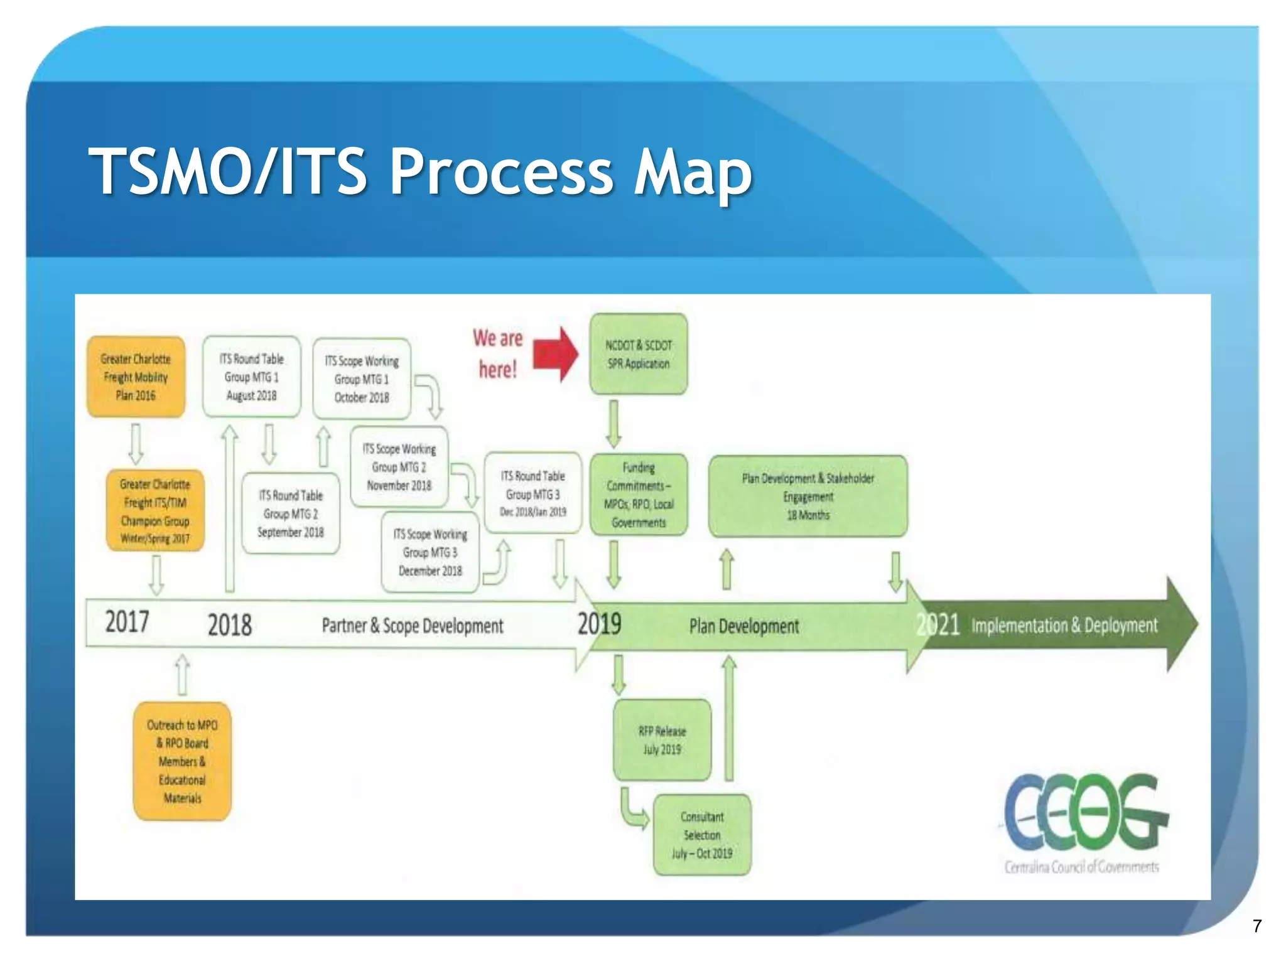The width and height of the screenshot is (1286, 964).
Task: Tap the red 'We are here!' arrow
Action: point(556,355)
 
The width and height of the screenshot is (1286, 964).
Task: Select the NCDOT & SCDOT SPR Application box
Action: point(638,355)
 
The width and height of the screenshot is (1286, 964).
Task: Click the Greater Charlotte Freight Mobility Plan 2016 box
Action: point(136,377)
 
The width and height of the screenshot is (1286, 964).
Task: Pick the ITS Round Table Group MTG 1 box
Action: point(251,377)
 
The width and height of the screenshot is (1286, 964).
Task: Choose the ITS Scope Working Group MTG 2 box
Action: point(399,467)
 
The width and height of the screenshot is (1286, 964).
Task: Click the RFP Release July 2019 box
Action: point(662,740)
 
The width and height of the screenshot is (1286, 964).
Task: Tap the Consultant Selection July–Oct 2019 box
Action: point(702,835)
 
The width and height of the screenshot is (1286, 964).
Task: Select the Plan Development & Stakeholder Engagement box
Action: point(808,496)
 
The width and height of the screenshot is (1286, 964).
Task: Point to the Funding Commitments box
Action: point(638,495)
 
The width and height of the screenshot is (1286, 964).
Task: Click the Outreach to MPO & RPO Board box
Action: point(182,761)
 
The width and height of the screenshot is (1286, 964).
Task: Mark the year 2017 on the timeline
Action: point(127,622)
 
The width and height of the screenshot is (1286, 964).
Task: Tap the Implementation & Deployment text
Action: point(1064,625)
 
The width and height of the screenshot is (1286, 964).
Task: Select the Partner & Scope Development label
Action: point(412,626)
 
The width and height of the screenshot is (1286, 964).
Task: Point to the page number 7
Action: point(1256,926)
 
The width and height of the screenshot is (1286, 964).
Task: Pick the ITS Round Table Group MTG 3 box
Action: point(532,493)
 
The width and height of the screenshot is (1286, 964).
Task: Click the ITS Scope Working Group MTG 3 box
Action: point(430,552)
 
